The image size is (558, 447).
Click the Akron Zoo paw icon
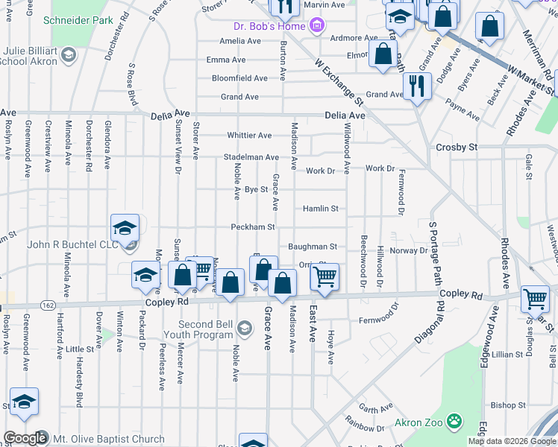click(x=454, y=423)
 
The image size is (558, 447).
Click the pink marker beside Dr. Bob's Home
click(x=317, y=27)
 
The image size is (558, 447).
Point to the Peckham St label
click(x=253, y=226)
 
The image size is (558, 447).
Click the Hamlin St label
click(x=321, y=209)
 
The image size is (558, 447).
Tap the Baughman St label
click(x=313, y=246)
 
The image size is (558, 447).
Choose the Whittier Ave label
click(x=249, y=136)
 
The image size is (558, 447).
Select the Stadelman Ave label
click(x=251, y=157)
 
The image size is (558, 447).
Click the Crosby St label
click(x=457, y=148)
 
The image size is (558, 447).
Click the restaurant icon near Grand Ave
click(x=417, y=86)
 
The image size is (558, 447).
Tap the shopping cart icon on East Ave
click(x=325, y=276)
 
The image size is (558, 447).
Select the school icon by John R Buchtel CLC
click(x=125, y=227)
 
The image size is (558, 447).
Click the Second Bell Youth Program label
click(x=206, y=329)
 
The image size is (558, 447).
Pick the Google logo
click(x=25, y=438)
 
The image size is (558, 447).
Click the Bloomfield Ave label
click(x=239, y=77)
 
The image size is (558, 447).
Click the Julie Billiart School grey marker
click(x=69, y=54)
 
